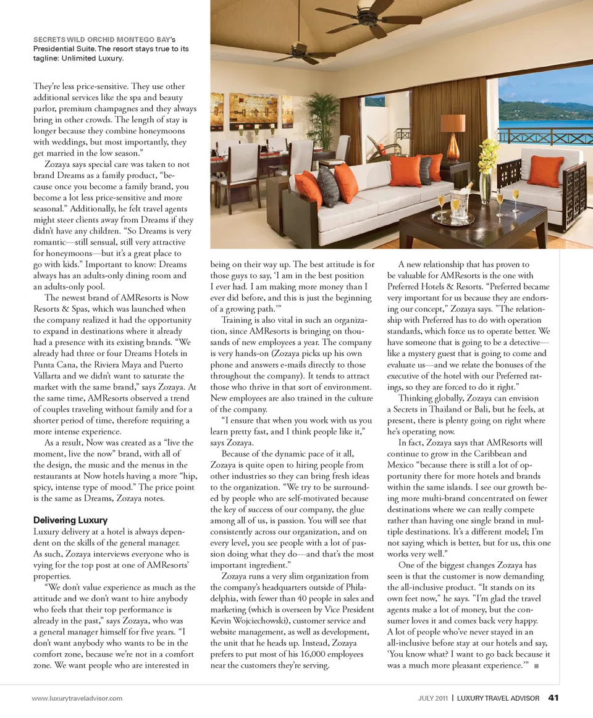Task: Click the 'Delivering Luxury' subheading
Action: pyautogui.click(x=70, y=520)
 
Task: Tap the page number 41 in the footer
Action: pyautogui.click(x=553, y=698)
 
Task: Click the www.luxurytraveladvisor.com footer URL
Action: pyautogui.click(x=77, y=698)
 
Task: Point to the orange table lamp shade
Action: pyautogui.click(x=453, y=123)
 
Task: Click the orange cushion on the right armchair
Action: pyautogui.click(x=545, y=171)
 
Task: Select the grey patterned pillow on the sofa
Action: pyautogui.click(x=328, y=186)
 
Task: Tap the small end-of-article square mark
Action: pyautogui.click(x=535, y=666)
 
